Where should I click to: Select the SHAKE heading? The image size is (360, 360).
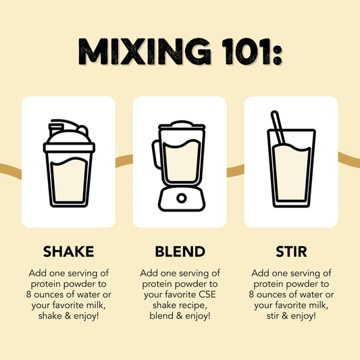69,251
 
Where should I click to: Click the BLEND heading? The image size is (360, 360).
180,251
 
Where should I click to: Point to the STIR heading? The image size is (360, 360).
291,251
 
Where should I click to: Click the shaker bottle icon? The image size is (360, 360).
69,163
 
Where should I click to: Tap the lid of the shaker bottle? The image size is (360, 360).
69,136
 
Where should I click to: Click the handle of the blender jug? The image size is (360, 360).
155,154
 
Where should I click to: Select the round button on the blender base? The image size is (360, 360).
182,198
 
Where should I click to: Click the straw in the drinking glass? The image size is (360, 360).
278,128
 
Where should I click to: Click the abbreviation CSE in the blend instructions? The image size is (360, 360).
207,294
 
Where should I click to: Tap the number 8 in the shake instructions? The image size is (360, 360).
28,294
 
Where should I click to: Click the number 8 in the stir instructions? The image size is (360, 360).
251,294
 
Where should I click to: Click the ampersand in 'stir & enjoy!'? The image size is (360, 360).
285,315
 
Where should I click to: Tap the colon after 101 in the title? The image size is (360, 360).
278,55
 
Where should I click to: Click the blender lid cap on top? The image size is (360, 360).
182,124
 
